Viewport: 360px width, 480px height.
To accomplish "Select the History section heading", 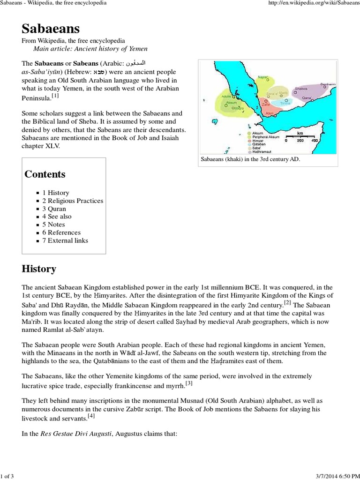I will [39, 269].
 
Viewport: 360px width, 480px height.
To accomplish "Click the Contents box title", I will [45, 174].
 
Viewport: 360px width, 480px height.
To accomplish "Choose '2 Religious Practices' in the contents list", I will [73, 201].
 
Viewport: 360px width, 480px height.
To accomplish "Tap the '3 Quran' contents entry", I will [54, 209].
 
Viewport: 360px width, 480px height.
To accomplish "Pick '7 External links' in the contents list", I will [65, 240].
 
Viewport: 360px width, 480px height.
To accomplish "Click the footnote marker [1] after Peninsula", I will [55, 96].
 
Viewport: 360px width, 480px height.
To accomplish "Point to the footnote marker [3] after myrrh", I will [189, 383].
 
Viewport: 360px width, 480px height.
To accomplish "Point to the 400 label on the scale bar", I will [315, 141].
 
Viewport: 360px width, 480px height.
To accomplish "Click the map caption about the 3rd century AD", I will [250, 159].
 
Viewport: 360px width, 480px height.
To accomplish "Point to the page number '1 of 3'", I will [8, 476].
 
